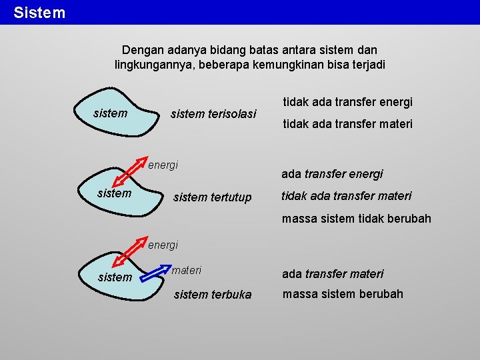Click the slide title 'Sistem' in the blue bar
click(39, 13)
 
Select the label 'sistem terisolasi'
click(213, 114)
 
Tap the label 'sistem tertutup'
click(212, 197)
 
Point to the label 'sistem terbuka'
click(213, 295)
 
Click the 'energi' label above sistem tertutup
click(163, 165)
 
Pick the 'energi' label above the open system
click(163, 245)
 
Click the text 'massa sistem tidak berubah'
click(356, 219)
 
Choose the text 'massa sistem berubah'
click(343, 294)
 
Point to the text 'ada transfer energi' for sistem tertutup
click(332, 174)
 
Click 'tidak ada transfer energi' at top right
click(348, 102)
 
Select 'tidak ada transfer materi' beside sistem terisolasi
click(348, 124)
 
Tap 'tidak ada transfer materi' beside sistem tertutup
click(346, 196)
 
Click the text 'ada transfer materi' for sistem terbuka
click(333, 274)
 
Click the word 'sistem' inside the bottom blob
click(115, 277)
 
